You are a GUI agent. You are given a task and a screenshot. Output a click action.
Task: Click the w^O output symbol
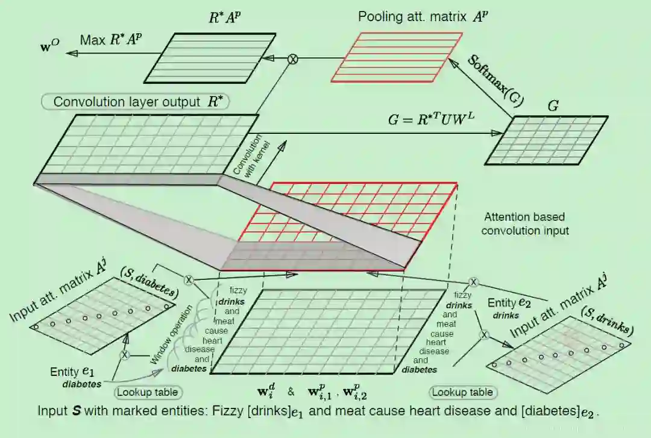(x=51, y=46)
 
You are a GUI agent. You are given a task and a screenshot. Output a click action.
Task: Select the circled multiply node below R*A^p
(x=293, y=59)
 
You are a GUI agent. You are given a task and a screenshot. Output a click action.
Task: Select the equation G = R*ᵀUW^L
(x=432, y=120)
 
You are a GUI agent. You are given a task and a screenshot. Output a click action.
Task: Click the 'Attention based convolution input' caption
(x=524, y=223)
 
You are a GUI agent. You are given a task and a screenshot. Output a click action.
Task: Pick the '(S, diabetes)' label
(x=151, y=280)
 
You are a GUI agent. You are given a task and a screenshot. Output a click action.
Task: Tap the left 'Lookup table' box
(x=148, y=392)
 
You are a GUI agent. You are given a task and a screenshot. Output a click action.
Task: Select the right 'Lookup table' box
(x=462, y=392)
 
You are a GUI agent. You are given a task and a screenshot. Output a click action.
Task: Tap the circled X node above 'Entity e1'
(x=125, y=355)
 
